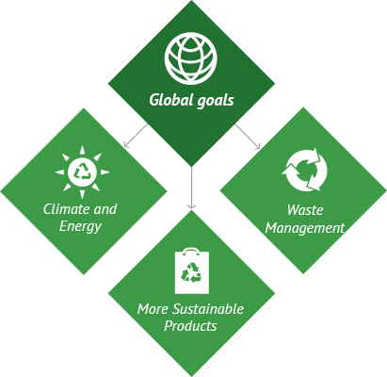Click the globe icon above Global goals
[x=191, y=58]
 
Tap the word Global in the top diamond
[x=171, y=100]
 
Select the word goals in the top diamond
[x=216, y=101]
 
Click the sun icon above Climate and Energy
[x=82, y=172]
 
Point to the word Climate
[x=67, y=209]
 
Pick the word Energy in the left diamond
[x=80, y=226]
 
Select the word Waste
[x=305, y=210]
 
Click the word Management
[x=305, y=228]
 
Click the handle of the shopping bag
[x=191, y=251]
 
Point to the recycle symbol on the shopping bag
[x=191, y=272]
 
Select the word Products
[x=190, y=326]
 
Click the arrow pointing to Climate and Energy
[x=136, y=136]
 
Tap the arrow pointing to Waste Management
[x=248, y=137]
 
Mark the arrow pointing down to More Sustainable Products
[x=191, y=188]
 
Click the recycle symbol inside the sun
[x=83, y=172]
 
